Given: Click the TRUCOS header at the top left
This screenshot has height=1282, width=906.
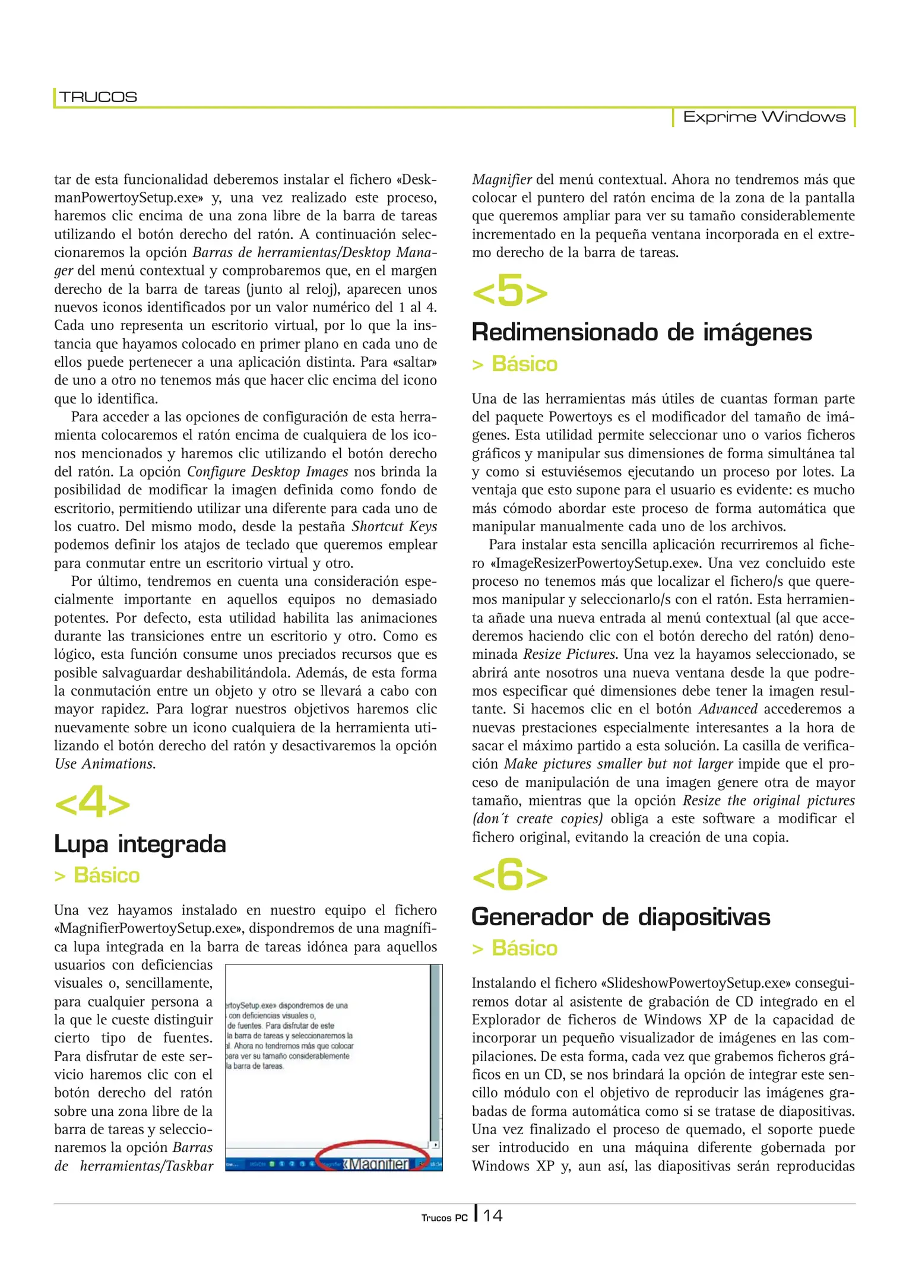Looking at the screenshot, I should click(x=98, y=97).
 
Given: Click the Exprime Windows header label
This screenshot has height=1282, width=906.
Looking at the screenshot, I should click(x=764, y=117).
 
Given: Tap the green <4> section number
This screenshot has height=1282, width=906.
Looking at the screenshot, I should click(x=92, y=804).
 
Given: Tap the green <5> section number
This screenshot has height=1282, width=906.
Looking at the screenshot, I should click(x=509, y=291).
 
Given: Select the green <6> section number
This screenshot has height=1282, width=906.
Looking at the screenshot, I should click(x=509, y=877).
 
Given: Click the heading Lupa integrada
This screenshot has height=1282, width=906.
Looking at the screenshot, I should click(x=140, y=844).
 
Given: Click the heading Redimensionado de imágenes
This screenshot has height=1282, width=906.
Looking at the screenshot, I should click(x=641, y=332).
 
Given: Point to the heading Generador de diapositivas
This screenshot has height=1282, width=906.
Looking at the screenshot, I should click(x=620, y=917).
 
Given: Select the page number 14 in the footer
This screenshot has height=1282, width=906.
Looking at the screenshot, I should click(x=493, y=1216).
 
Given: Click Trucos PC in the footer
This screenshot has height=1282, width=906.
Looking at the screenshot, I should click(x=444, y=1218).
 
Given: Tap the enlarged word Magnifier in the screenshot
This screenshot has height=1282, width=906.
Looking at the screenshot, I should click(x=378, y=1163).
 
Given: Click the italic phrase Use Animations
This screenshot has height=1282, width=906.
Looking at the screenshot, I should click(x=105, y=764).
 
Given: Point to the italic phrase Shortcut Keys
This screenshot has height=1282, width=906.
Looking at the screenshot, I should click(x=394, y=526).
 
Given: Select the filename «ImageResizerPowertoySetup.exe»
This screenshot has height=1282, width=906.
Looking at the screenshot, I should click(x=594, y=563).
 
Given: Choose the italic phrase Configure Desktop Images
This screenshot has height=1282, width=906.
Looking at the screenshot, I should click(x=268, y=472).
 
